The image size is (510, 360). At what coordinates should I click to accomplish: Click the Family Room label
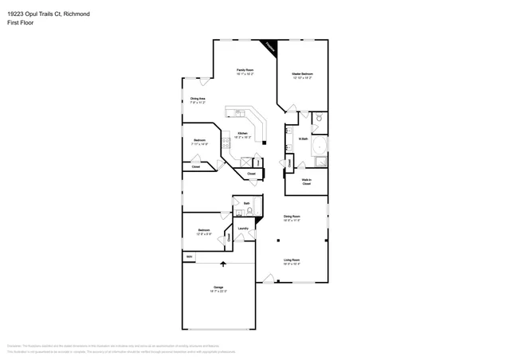click(245, 71)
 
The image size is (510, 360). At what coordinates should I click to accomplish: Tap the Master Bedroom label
click(301, 75)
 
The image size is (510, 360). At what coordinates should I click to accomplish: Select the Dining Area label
click(198, 100)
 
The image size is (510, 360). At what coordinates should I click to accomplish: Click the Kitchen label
click(242, 135)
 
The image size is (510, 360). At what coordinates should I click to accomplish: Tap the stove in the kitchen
click(226, 143)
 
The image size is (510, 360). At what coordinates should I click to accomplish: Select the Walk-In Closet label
click(307, 181)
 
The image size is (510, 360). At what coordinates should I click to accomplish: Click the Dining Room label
click(292, 217)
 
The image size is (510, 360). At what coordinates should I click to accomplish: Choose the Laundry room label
click(243, 229)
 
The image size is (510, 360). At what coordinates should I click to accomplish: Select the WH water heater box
click(189, 256)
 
